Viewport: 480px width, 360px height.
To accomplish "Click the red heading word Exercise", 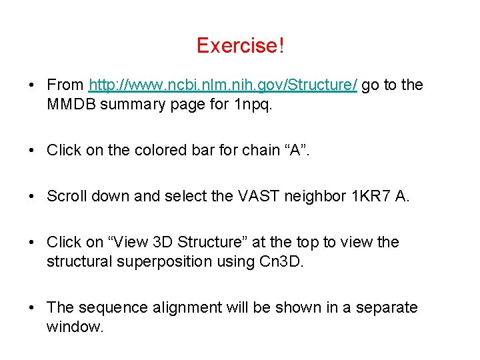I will point(237,46).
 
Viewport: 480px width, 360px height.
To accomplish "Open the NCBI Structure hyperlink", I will point(223,85).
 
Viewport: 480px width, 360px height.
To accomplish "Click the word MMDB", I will point(71,105).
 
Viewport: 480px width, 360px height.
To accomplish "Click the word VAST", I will point(253,197).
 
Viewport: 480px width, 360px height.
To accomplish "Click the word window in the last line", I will point(74,327).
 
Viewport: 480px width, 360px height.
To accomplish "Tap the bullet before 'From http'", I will point(31,86).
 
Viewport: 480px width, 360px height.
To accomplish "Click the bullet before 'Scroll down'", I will point(31,197).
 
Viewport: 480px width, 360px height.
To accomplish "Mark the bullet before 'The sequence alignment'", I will point(31,308).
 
